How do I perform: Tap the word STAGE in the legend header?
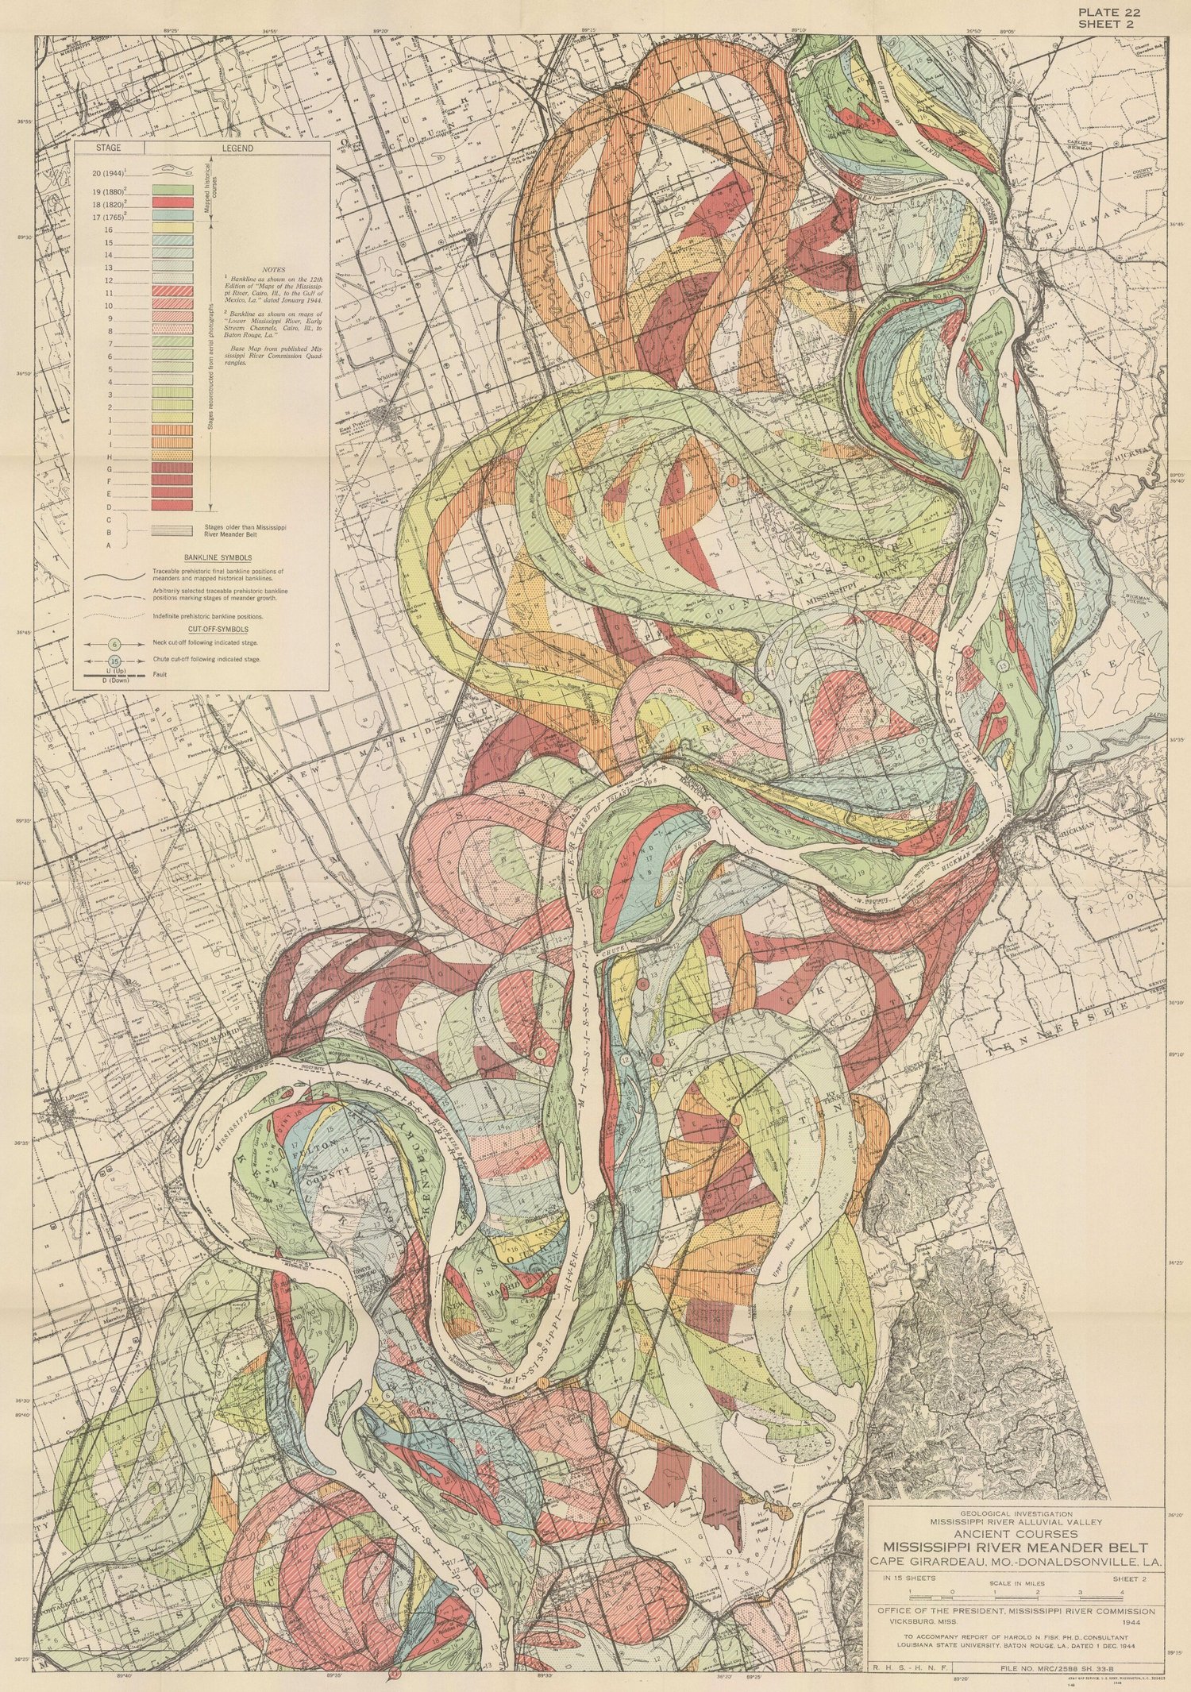(108, 148)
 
